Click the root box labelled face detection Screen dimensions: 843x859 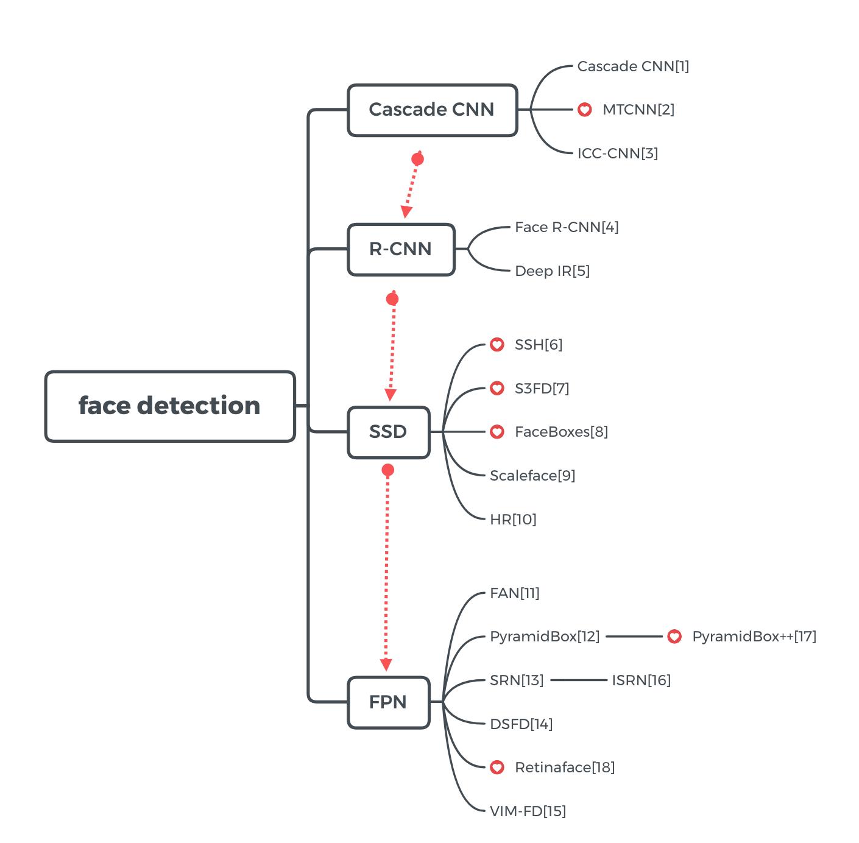tap(170, 406)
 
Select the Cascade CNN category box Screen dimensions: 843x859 tap(432, 110)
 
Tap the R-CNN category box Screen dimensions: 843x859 tap(401, 249)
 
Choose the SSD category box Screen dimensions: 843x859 tap(388, 432)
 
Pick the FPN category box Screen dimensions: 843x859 tap(388, 702)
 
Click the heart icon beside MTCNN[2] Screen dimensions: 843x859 tap(584, 110)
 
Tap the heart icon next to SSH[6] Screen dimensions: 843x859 tap(497, 345)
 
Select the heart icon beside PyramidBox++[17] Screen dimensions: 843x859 tap(674, 637)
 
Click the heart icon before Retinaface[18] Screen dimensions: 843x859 tap(497, 767)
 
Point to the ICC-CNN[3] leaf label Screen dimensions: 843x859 tap(617, 153)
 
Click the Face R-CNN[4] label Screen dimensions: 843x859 tap(567, 227)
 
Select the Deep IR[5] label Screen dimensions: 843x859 tap(552, 271)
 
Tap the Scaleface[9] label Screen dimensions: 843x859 tap(532, 476)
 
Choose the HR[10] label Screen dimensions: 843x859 tap(513, 520)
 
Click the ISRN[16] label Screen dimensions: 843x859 tap(641, 680)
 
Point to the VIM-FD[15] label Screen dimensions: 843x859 tap(528, 811)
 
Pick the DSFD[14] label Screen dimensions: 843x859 tap(521, 724)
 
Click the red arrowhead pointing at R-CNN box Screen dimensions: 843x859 tap(406, 211)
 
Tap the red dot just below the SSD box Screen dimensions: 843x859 tap(387, 470)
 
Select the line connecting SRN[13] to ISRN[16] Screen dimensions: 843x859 tap(578, 680)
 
